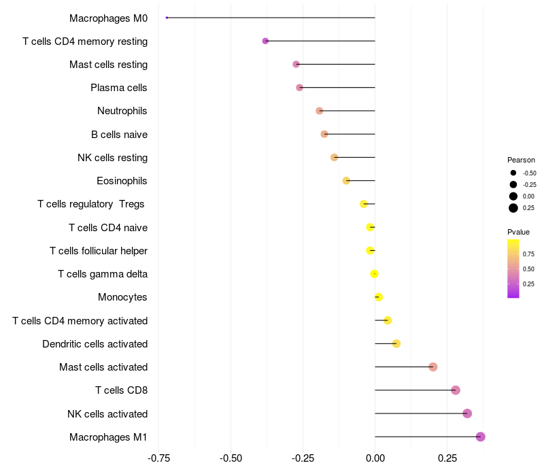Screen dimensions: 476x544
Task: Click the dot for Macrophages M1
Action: coord(481,437)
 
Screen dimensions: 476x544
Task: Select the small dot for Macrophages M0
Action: coord(167,18)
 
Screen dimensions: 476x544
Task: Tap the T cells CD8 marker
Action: coord(456,390)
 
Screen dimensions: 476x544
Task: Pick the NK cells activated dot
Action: coord(467,413)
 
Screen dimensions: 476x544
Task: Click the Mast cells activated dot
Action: coord(433,367)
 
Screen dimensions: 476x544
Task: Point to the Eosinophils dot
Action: coord(346,181)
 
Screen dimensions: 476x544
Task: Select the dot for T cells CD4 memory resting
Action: coord(265,41)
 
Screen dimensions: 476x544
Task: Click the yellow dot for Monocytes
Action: coord(379,297)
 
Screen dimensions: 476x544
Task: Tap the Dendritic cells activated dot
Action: coord(396,343)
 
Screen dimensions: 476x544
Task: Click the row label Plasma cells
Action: coord(119,88)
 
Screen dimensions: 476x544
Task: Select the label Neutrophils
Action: coord(122,111)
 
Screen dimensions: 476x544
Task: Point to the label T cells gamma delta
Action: coord(103,274)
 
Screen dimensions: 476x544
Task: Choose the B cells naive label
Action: coord(119,135)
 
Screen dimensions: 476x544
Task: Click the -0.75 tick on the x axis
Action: coord(159,458)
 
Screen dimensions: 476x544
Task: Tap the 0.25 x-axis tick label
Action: coord(447,458)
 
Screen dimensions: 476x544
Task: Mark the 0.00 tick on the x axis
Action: coord(375,458)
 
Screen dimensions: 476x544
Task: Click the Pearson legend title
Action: coord(521,160)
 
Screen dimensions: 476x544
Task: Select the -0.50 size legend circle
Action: coord(513,173)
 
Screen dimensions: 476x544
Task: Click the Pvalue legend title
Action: coord(519,232)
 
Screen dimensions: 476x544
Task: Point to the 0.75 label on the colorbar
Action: coord(528,254)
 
